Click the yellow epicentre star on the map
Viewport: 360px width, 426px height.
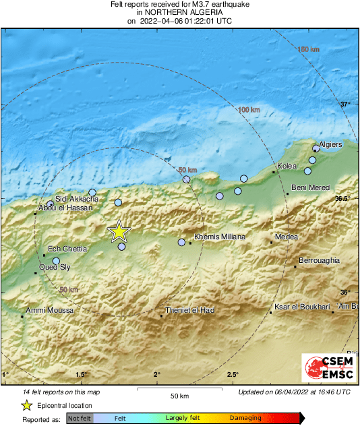point(119,231)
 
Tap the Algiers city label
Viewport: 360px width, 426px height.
point(330,144)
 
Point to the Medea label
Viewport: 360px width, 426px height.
point(287,237)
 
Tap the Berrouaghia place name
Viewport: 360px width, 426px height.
point(319,260)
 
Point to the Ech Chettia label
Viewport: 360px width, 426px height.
point(67,249)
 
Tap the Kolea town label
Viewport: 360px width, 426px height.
point(287,166)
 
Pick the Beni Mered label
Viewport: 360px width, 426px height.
point(309,187)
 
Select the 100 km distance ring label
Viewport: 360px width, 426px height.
point(249,109)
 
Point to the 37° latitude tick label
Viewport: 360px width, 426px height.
point(345,104)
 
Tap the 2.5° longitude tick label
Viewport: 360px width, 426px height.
point(233,374)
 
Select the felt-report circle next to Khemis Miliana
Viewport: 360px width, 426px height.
point(181,242)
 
